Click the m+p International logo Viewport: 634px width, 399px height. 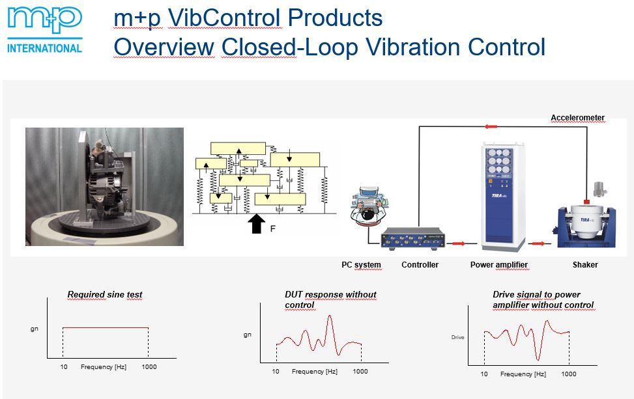point(44,31)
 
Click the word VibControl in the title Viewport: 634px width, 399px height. point(224,18)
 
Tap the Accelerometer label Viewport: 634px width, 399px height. point(577,118)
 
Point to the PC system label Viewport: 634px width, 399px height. point(361,265)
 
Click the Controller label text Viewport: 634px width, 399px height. point(420,265)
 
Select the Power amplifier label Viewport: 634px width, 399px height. point(499,265)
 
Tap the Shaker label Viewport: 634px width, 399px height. point(585,265)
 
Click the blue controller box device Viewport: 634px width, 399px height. point(413,238)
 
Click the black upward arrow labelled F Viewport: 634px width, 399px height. point(256,224)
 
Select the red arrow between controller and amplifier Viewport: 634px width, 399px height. point(458,243)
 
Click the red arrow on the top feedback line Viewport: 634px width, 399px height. point(491,127)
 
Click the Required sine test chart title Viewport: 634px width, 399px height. point(105,294)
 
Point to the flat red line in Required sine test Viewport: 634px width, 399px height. point(106,327)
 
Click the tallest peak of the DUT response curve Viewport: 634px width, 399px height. point(330,316)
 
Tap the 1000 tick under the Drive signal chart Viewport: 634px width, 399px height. point(568,374)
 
